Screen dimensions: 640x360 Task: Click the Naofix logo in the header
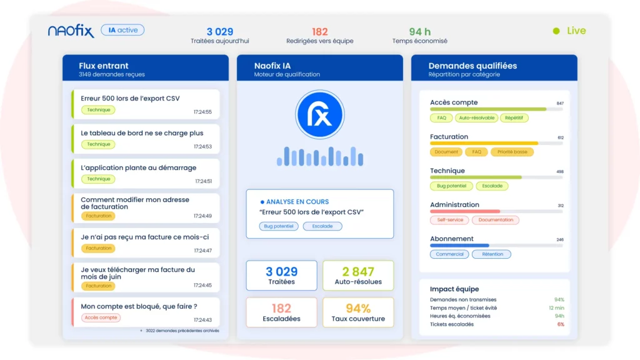pyautogui.click(x=71, y=31)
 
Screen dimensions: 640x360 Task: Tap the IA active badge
pyautogui.click(x=122, y=30)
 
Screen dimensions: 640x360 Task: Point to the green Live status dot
pyautogui.click(x=556, y=31)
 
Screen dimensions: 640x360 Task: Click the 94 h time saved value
pyautogui.click(x=419, y=31)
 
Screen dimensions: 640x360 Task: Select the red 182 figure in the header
pyautogui.click(x=319, y=31)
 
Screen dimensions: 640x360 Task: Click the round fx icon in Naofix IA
pyautogui.click(x=319, y=114)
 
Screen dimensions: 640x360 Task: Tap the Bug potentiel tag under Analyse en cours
pyautogui.click(x=279, y=226)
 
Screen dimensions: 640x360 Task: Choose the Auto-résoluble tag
pyautogui.click(x=476, y=118)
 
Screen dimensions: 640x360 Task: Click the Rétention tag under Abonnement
pyautogui.click(x=492, y=254)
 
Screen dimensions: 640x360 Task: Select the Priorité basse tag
pyautogui.click(x=512, y=152)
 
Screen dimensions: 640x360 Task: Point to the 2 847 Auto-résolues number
pyautogui.click(x=358, y=271)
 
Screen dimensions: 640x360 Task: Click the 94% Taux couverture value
pyautogui.click(x=358, y=308)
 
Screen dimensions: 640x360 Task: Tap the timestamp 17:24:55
pyautogui.click(x=202, y=112)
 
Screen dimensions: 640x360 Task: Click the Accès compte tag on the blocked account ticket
pyautogui.click(x=101, y=317)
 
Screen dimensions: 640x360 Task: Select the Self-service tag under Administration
pyautogui.click(x=450, y=220)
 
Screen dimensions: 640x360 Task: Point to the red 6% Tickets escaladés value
pyautogui.click(x=561, y=324)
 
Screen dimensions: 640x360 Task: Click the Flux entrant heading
pyautogui.click(x=104, y=66)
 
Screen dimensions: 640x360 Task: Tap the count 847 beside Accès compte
pyautogui.click(x=560, y=103)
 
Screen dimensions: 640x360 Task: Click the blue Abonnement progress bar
pyautogui.click(x=459, y=245)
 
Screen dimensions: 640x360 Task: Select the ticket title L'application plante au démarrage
pyautogui.click(x=138, y=167)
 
